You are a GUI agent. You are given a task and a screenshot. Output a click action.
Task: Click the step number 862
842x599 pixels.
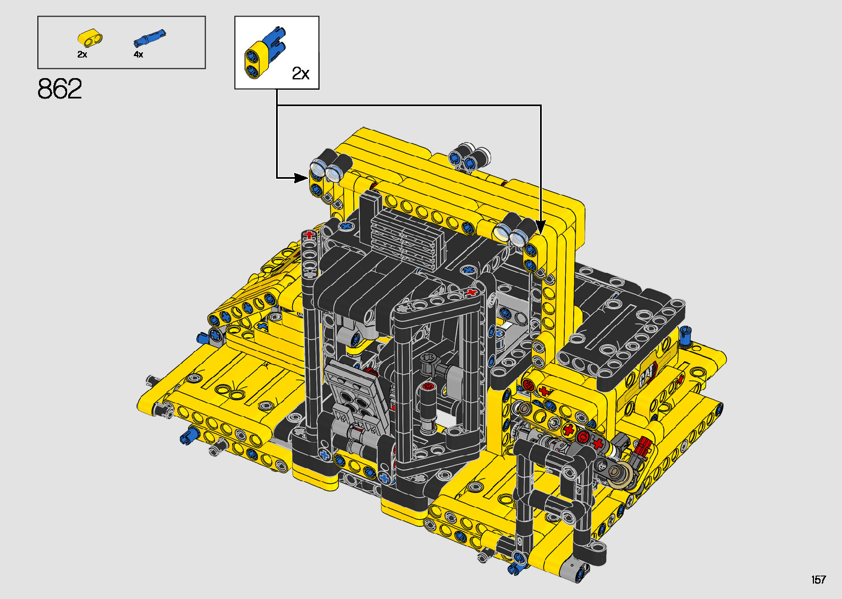click(x=59, y=89)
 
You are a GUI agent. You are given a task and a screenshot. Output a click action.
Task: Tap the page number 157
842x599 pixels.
click(x=818, y=579)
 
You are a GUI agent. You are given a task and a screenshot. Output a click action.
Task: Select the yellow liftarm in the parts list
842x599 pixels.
click(x=90, y=38)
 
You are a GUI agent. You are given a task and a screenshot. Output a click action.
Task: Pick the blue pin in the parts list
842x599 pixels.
click(x=150, y=38)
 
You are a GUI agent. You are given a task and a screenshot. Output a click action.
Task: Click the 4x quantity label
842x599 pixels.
click(x=139, y=54)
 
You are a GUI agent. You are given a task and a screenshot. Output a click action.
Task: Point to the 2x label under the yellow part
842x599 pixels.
click(x=82, y=54)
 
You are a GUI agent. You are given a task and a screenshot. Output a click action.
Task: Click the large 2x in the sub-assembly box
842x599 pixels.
click(x=301, y=73)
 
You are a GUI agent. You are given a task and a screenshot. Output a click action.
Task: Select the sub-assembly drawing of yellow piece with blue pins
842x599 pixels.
click(x=264, y=53)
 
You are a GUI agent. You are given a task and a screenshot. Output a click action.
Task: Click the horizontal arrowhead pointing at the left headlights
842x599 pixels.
click(x=301, y=178)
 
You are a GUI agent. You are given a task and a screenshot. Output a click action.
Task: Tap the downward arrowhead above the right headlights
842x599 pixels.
click(x=541, y=227)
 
